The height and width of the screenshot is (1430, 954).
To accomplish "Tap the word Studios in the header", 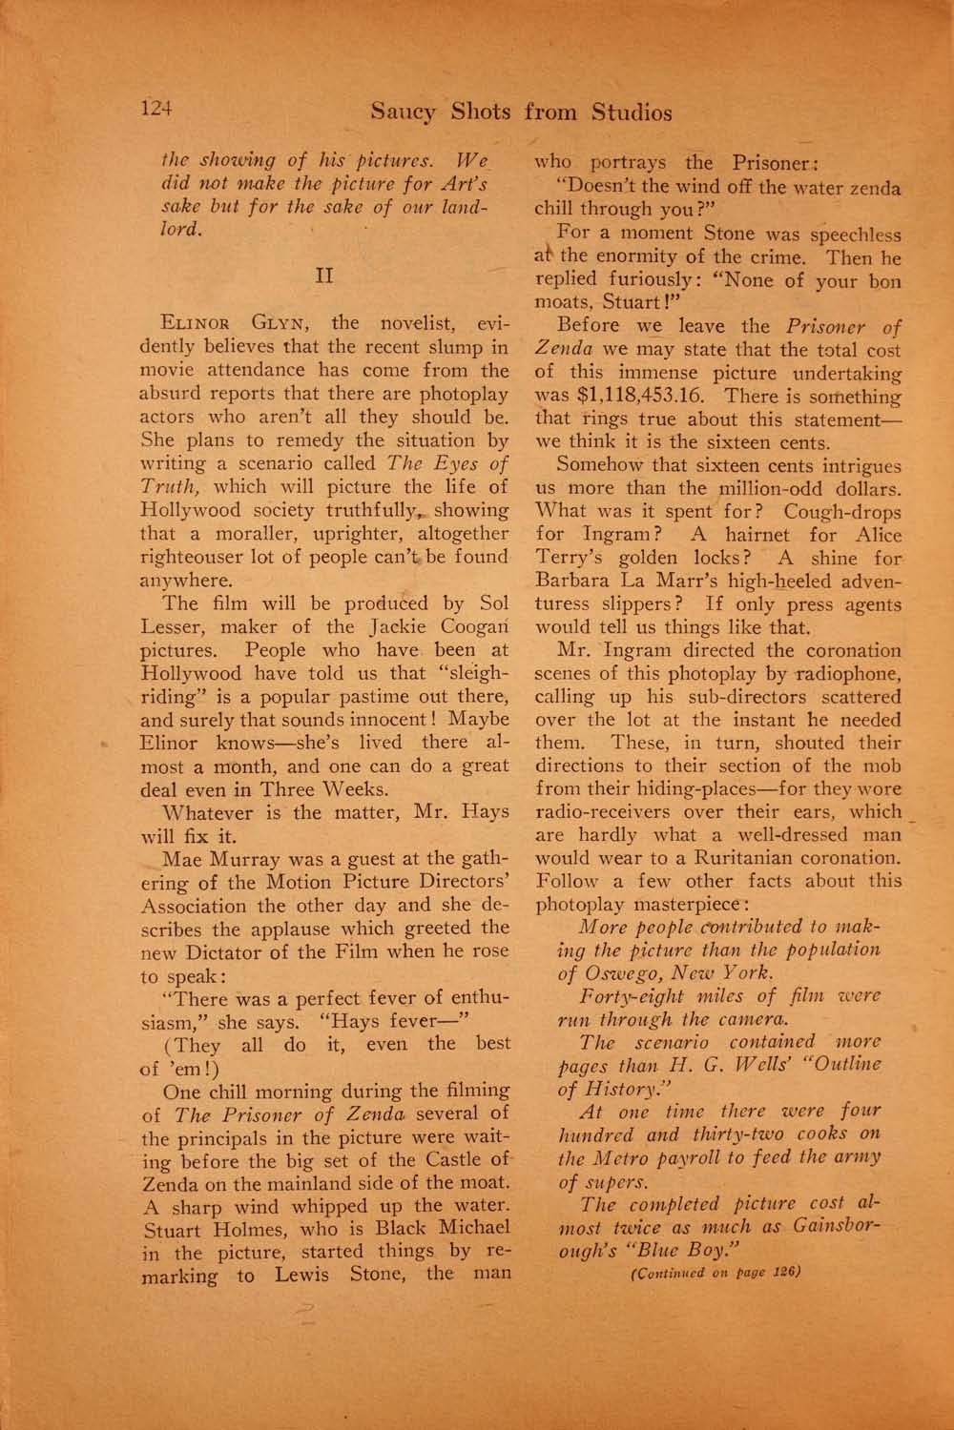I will pyautogui.click(x=631, y=112).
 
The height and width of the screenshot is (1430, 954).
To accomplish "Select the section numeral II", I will pyautogui.click(x=322, y=276).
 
